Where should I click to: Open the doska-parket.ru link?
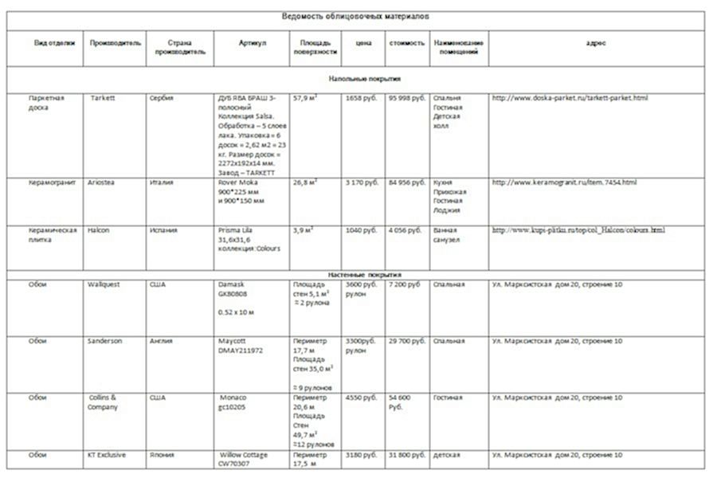570,98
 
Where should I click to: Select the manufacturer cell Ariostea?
104,182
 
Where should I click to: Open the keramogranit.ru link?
564,182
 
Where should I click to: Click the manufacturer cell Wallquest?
105,284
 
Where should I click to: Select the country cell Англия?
162,341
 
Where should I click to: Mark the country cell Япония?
163,456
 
